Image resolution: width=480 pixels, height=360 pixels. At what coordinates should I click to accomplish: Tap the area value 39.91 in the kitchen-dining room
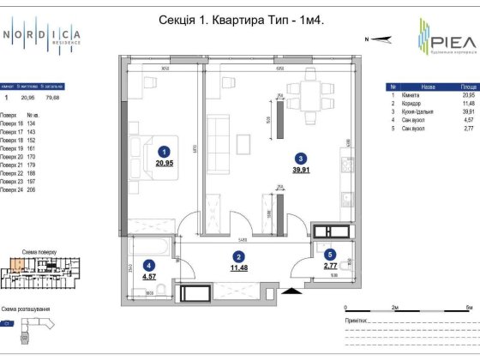coord(300,170)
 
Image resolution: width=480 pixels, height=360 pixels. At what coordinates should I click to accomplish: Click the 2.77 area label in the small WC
coord(329,267)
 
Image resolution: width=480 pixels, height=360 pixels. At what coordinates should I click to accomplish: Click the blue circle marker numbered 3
coord(300,158)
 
